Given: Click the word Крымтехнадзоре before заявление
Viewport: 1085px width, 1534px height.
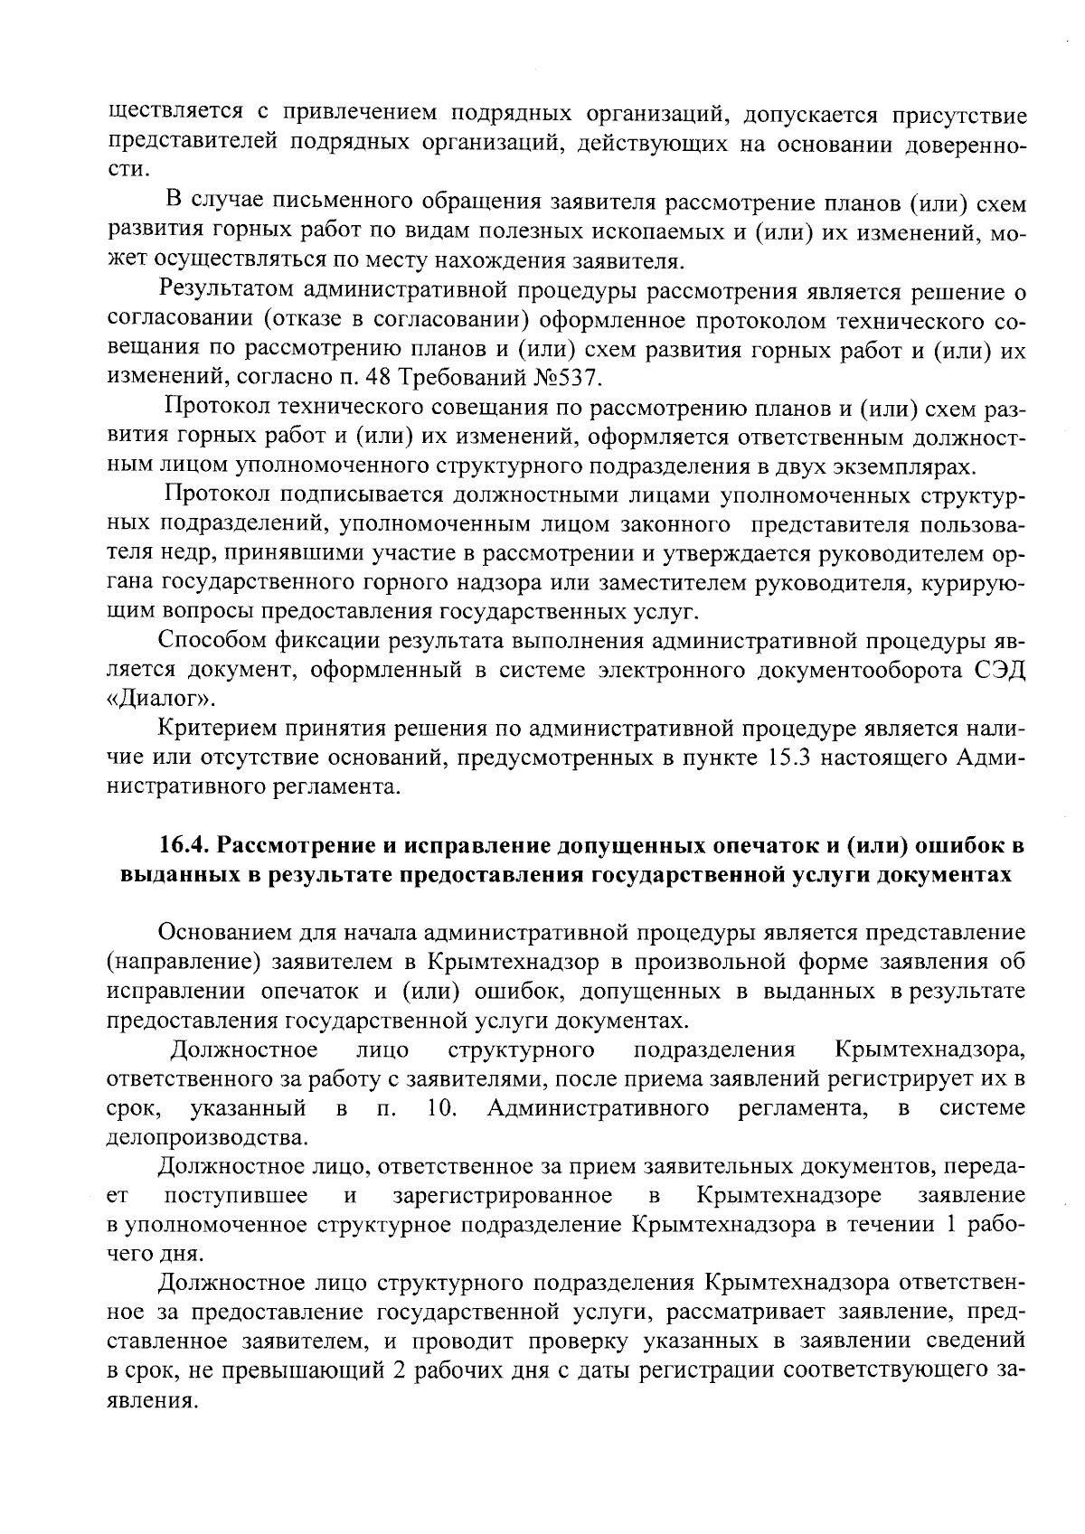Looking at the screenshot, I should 790,1195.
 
